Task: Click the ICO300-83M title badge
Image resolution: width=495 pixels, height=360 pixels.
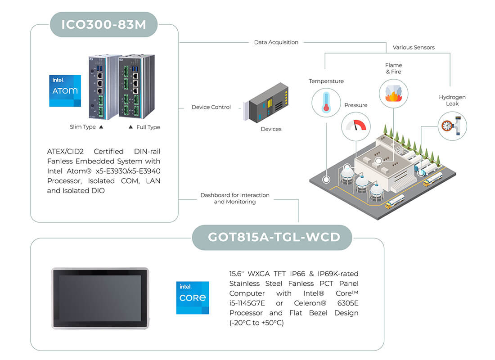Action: (103, 25)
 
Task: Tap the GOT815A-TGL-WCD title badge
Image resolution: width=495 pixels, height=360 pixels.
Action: (272, 238)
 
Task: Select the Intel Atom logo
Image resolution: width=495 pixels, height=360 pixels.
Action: (65, 90)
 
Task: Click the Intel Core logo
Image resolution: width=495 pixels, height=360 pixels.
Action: (193, 298)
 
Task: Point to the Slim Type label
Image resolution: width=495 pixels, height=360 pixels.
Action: (83, 127)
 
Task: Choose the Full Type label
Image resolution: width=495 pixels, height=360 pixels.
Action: (148, 127)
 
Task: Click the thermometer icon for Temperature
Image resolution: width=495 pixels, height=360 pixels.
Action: (326, 103)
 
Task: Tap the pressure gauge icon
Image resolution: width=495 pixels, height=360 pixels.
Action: (356, 126)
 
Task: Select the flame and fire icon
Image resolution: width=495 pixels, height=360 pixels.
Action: (393, 94)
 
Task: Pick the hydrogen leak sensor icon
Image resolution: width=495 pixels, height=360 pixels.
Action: (452, 126)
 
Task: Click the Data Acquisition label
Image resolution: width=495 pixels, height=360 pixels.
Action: (276, 42)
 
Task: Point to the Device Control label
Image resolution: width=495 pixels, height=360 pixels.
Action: (211, 107)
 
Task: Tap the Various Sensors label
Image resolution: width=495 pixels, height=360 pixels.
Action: (414, 47)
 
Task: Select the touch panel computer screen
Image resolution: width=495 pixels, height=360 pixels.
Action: (100, 298)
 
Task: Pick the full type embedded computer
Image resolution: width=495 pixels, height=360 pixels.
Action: (136, 86)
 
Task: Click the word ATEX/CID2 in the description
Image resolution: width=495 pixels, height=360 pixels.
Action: (65, 151)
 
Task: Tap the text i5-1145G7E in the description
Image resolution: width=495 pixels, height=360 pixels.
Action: (247, 303)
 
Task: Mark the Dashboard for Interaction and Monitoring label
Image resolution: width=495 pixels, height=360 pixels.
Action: (235, 198)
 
